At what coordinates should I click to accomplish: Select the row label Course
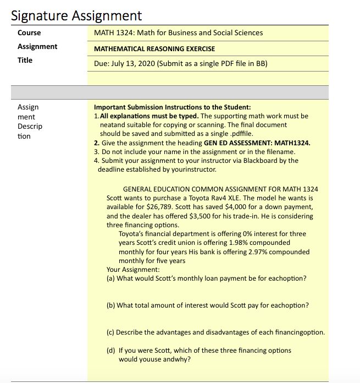(x=29, y=33)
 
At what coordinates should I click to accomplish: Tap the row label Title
(x=25, y=61)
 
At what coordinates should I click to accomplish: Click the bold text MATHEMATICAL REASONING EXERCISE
(x=154, y=49)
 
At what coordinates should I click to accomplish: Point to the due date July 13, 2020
(x=134, y=63)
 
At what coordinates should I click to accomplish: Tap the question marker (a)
(x=111, y=278)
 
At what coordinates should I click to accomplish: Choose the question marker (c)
(x=110, y=332)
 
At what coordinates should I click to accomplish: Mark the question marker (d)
(x=111, y=351)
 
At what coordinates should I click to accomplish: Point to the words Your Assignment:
(x=133, y=270)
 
